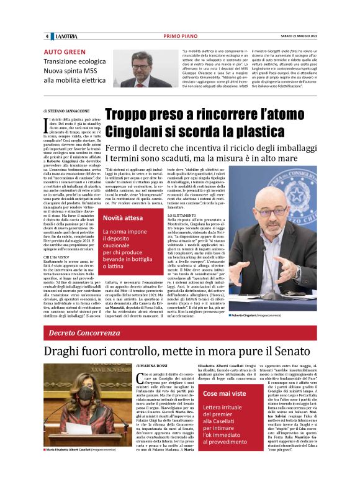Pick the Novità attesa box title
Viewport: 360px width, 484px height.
tap(125, 218)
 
